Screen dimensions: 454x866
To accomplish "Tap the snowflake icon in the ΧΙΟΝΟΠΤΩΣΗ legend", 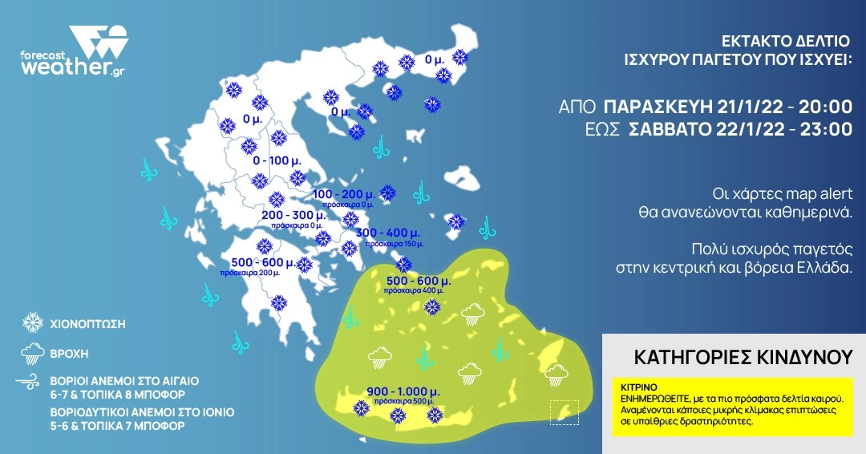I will click(33, 323).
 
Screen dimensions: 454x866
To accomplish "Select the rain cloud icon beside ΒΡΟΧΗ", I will click(33, 351).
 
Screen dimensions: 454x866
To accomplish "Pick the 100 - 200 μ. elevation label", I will click(345, 195).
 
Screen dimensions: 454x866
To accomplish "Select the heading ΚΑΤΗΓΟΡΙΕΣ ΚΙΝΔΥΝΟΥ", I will click(732, 356).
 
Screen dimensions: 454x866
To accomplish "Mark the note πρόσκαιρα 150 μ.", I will click(394, 243).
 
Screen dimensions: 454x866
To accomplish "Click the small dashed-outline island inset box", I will click(564, 412).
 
